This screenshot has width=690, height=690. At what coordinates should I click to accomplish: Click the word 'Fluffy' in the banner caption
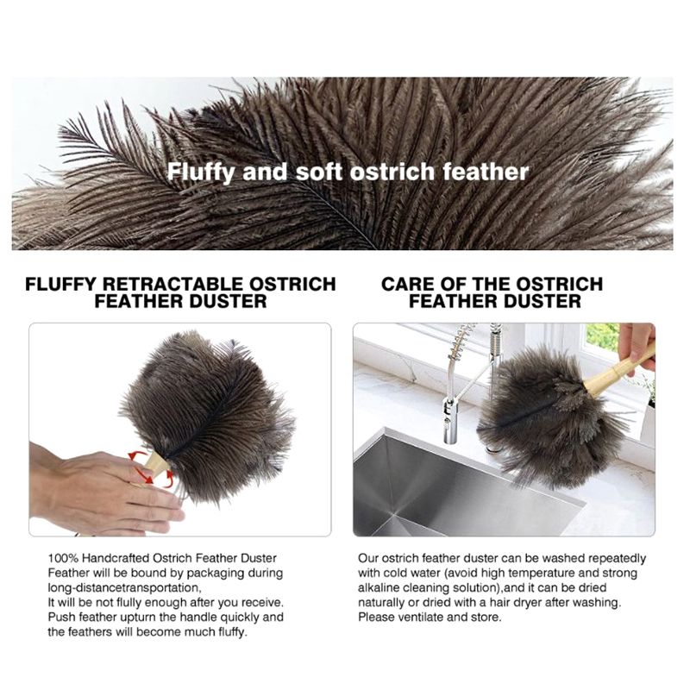pyautogui.click(x=201, y=172)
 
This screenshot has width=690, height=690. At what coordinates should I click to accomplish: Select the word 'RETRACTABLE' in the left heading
pyautogui.click(x=172, y=285)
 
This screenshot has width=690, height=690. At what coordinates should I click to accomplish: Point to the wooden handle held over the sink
pyautogui.click(x=619, y=370)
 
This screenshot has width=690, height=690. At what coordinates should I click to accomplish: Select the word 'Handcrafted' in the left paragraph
pyautogui.click(x=116, y=558)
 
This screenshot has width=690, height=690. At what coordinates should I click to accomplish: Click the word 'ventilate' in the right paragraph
pyautogui.click(x=421, y=618)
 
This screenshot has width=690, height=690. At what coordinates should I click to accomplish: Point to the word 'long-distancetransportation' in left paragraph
pyautogui.click(x=123, y=588)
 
